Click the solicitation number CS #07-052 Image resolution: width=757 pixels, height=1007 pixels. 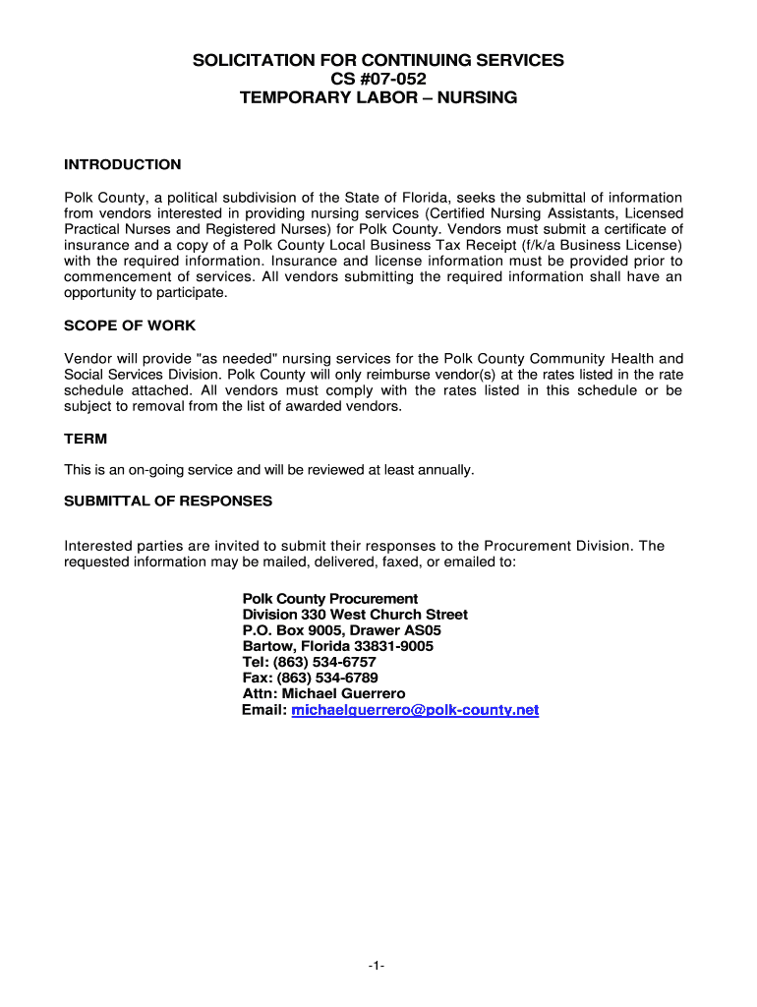[378, 79]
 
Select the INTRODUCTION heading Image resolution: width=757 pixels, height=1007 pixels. [122, 164]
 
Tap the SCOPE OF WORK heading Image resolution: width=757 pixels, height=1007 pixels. [130, 326]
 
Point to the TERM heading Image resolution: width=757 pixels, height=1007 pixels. [86, 439]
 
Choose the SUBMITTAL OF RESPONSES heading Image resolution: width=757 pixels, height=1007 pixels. [168, 501]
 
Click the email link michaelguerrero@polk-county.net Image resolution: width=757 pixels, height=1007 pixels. [415, 709]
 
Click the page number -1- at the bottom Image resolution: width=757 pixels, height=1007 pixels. [378, 967]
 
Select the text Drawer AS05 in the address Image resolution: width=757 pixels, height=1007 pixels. [396, 630]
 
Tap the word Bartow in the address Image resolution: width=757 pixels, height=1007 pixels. [266, 646]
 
